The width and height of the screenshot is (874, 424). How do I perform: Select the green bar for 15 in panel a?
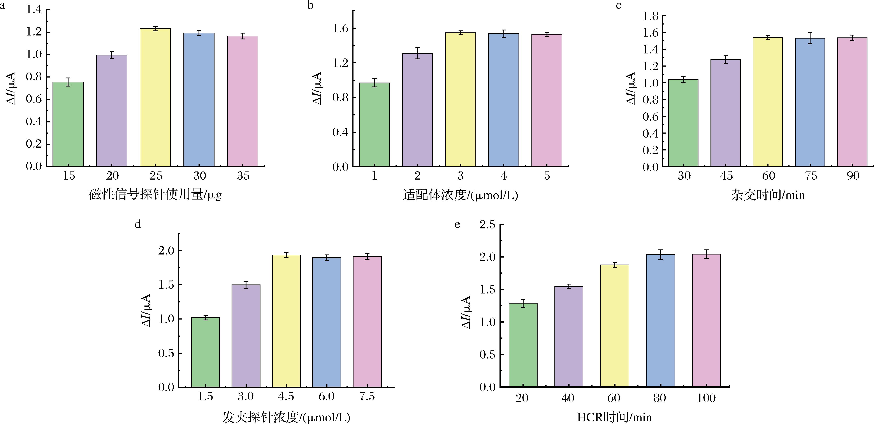[x=68, y=124]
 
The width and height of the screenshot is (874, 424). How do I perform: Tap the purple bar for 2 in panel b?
[x=417, y=110]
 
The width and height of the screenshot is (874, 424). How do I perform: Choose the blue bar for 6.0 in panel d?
[x=326, y=323]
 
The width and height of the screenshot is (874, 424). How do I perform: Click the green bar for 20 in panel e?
[x=523, y=345]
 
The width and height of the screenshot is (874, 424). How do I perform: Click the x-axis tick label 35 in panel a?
[x=243, y=176]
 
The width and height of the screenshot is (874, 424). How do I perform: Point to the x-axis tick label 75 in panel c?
[x=811, y=176]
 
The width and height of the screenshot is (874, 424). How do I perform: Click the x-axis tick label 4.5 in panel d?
[x=286, y=396]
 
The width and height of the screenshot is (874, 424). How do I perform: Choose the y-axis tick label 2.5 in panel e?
[x=487, y=225]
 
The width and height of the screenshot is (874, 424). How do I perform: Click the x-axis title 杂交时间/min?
[x=767, y=195]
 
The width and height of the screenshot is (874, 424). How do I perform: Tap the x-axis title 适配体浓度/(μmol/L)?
[x=460, y=195]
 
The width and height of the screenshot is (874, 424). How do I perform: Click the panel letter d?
[x=138, y=224]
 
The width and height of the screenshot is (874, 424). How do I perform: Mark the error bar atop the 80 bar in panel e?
[x=660, y=255]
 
